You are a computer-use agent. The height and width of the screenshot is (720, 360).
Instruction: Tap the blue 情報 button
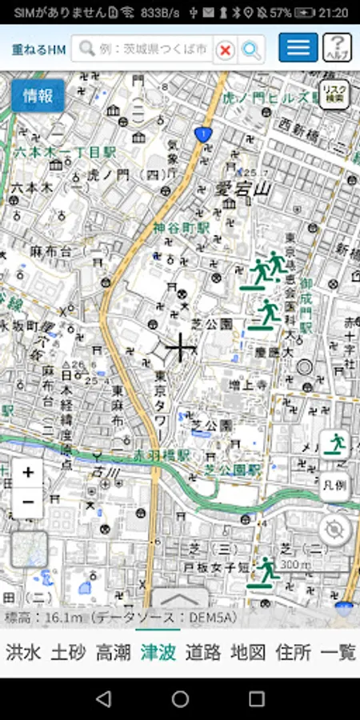pyautogui.click(x=38, y=96)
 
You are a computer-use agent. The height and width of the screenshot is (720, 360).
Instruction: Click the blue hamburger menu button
pyautogui.click(x=298, y=48)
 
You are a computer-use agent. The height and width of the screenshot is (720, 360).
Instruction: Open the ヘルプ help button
pyautogui.click(x=338, y=48)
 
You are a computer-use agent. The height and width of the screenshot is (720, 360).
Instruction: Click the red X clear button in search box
pyautogui.click(x=226, y=50)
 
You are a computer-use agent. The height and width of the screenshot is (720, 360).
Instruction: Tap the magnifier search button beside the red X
pyautogui.click(x=251, y=50)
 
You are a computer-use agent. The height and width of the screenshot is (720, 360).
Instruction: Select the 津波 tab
pyautogui.click(x=157, y=652)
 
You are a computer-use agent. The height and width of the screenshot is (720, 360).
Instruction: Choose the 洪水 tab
pyautogui.click(x=22, y=652)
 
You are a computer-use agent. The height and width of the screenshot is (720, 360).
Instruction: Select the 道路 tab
pyautogui.click(x=202, y=652)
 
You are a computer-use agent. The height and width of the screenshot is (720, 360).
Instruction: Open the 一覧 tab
pyautogui.click(x=338, y=652)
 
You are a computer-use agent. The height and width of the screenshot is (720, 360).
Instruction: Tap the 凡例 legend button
pyautogui.click(x=335, y=486)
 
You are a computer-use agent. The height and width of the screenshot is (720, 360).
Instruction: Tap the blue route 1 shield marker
pyautogui.click(x=205, y=134)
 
